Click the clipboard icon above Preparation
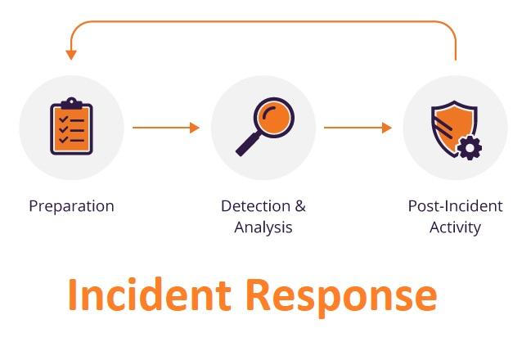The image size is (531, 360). (71, 126)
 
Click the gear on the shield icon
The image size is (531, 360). (470, 147)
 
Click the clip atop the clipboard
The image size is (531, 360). (71, 102)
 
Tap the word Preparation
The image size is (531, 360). (71, 206)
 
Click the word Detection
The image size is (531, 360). (255, 206)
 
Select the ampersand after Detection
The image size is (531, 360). (300, 206)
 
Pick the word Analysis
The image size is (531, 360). (263, 227)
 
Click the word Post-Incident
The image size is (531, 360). (455, 206)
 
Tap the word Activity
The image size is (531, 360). (455, 227)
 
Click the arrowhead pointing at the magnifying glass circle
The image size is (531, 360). (195, 128)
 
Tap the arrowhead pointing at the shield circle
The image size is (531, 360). (387, 128)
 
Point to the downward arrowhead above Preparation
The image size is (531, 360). (71, 55)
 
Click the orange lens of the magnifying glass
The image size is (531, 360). (274, 118)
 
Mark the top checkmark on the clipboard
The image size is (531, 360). (64, 119)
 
